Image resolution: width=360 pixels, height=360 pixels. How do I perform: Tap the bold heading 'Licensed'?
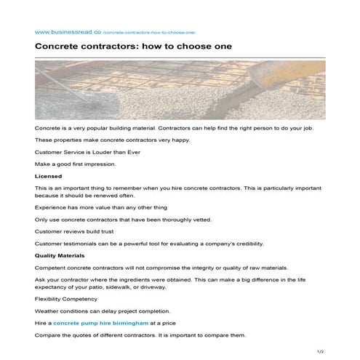[x=49, y=176]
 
